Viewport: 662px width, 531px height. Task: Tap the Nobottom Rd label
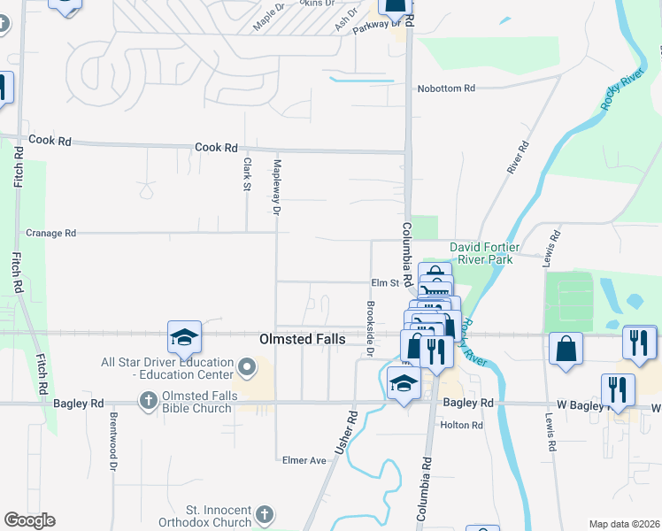coord(446,88)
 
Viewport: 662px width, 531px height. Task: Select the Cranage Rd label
coord(51,233)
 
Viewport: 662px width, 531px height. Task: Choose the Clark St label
coord(247,173)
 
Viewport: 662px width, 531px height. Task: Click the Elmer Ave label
coord(304,460)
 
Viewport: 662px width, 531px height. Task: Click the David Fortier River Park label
coord(481,253)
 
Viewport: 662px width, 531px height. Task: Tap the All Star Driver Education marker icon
coord(248,366)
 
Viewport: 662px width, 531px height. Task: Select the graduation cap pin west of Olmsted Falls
coord(184,336)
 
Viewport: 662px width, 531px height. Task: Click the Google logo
coord(29,520)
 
